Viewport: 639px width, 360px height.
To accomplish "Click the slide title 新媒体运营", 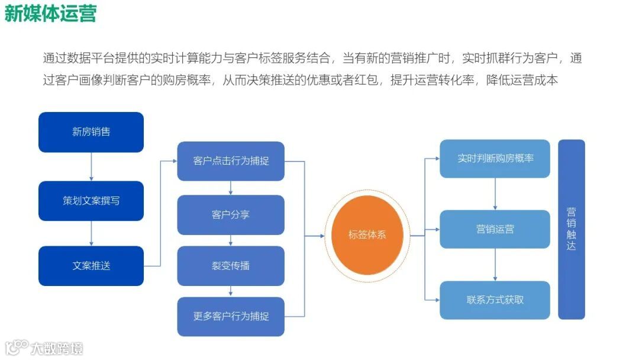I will click(50, 13).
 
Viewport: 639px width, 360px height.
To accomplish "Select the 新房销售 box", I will click(91, 132).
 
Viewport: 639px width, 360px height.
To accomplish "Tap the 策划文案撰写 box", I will click(91, 201).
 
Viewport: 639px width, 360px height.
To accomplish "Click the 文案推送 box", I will click(91, 266).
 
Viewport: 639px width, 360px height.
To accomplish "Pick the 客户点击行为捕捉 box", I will click(231, 161).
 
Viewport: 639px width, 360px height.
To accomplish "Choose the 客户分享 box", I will click(231, 214).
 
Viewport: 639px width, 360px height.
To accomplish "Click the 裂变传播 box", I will click(231, 266).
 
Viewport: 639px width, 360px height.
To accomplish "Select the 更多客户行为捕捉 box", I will click(231, 316).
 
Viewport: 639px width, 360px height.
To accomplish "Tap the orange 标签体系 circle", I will click(367, 235).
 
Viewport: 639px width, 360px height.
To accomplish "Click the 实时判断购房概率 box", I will click(495, 159).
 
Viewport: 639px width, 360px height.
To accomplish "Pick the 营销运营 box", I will click(495, 229).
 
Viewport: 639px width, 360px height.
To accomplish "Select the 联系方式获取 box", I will click(495, 300).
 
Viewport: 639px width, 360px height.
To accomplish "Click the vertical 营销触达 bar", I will click(571, 229).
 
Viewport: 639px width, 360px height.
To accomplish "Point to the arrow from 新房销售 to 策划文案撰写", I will click(91, 166).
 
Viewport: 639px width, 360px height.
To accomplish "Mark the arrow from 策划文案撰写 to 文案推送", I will click(91, 233).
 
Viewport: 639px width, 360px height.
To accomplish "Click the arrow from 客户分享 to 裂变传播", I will click(231, 240).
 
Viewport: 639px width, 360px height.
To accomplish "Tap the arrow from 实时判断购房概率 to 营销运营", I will click(495, 194).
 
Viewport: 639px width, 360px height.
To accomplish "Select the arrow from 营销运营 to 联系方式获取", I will click(495, 265).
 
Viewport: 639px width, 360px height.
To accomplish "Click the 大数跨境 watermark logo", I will click(44, 348).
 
